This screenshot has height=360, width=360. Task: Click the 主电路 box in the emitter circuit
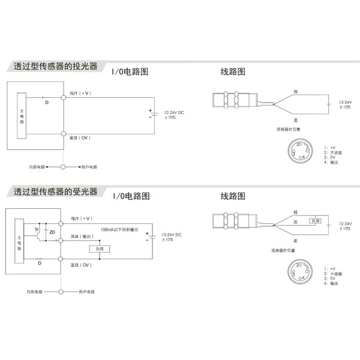(x=22, y=114)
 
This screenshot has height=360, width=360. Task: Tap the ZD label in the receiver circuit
(x=52, y=232)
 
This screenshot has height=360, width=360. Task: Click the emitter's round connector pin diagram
(x=298, y=151)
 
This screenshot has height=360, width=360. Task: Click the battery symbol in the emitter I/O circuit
(x=151, y=114)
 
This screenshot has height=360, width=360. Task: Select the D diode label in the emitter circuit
(x=47, y=103)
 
